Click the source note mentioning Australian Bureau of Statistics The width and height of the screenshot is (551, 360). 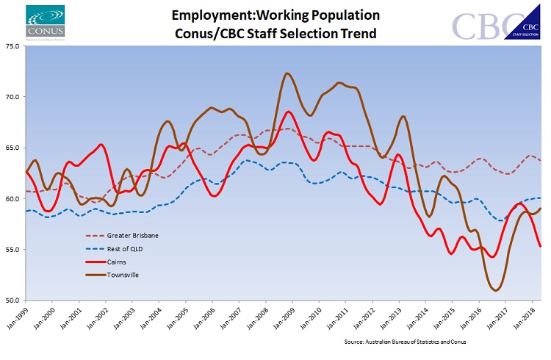coord(415,342)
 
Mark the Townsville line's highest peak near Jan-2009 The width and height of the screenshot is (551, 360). coord(287,73)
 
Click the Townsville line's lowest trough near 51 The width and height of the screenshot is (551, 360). coord(497,290)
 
